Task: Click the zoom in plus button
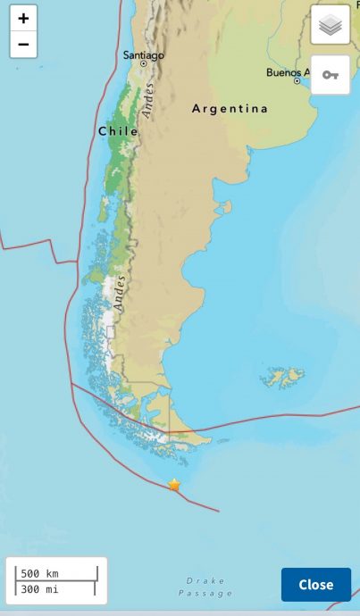(x=23, y=18)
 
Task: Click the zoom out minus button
(x=23, y=44)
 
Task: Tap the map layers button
(x=331, y=25)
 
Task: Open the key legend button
(x=331, y=75)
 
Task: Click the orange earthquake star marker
(x=174, y=485)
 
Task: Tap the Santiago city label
(x=143, y=55)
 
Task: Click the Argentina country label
(x=230, y=109)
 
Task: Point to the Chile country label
(x=118, y=131)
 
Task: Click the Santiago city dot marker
(x=143, y=64)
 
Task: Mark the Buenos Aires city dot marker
(x=297, y=80)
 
